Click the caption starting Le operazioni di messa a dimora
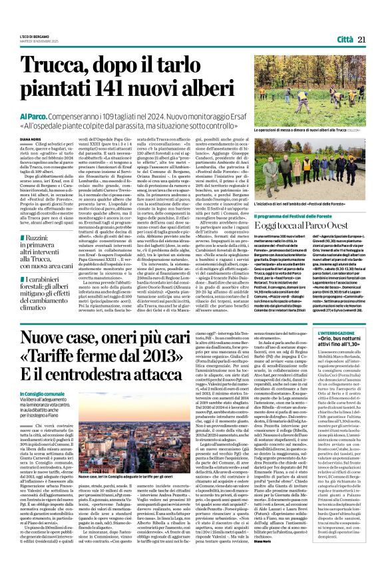(x=316, y=131)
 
